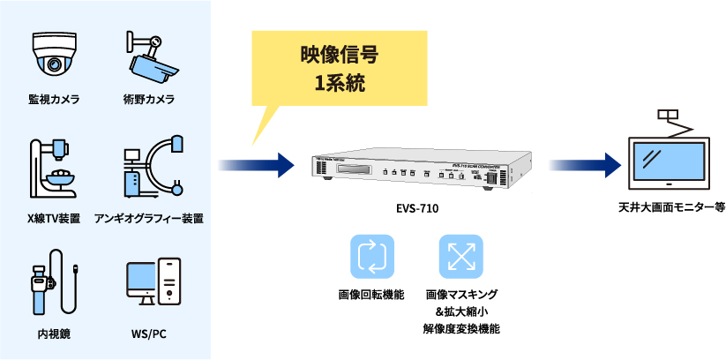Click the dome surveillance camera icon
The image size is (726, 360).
coord(54,55)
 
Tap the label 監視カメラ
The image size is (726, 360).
coord(54,99)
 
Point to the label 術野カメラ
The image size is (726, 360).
coord(148,99)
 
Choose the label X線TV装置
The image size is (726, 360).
coord(54,218)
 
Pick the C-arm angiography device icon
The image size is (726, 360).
coord(151,166)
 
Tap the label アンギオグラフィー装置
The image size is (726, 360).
coord(149,218)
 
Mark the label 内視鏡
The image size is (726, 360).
coord(54,334)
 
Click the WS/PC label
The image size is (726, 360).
coord(148,334)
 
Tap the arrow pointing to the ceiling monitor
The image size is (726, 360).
coord(583,164)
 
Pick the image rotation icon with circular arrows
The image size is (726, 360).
coord(371,256)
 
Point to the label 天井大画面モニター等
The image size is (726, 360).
coord(672,208)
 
